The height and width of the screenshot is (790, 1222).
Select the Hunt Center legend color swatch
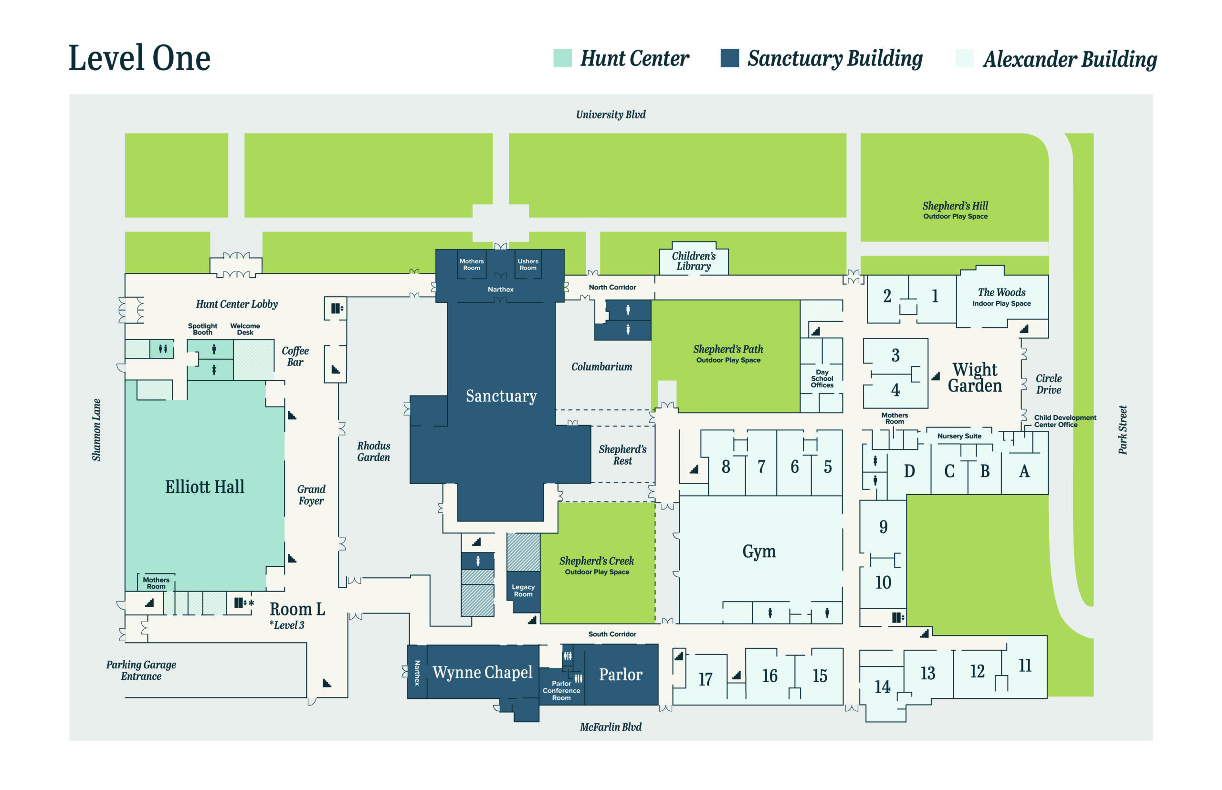coord(562,58)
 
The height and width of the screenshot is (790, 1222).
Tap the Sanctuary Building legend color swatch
coord(729,58)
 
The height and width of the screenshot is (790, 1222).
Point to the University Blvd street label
coord(610,114)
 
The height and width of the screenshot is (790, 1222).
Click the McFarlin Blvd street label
coord(610,727)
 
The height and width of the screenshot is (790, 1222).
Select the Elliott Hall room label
coord(204,486)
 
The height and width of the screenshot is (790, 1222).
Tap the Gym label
coord(758,551)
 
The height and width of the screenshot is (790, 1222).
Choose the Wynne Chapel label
coord(482,672)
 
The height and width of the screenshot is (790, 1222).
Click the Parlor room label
coord(620,674)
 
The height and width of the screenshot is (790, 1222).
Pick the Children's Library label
coord(694,260)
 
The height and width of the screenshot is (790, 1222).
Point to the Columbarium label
coord(601,367)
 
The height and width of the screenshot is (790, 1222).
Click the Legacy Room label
coord(523,591)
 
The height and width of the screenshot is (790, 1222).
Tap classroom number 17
coord(705,679)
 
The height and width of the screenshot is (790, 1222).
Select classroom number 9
coord(883,527)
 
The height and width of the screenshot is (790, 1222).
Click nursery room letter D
coord(909,471)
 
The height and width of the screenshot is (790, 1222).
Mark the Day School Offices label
coord(822,379)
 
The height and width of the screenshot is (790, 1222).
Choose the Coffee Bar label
coord(295,356)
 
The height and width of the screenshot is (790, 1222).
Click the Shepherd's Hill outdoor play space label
coord(955,210)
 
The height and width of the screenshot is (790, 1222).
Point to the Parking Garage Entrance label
coord(141,670)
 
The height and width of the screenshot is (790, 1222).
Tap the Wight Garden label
coord(974,377)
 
